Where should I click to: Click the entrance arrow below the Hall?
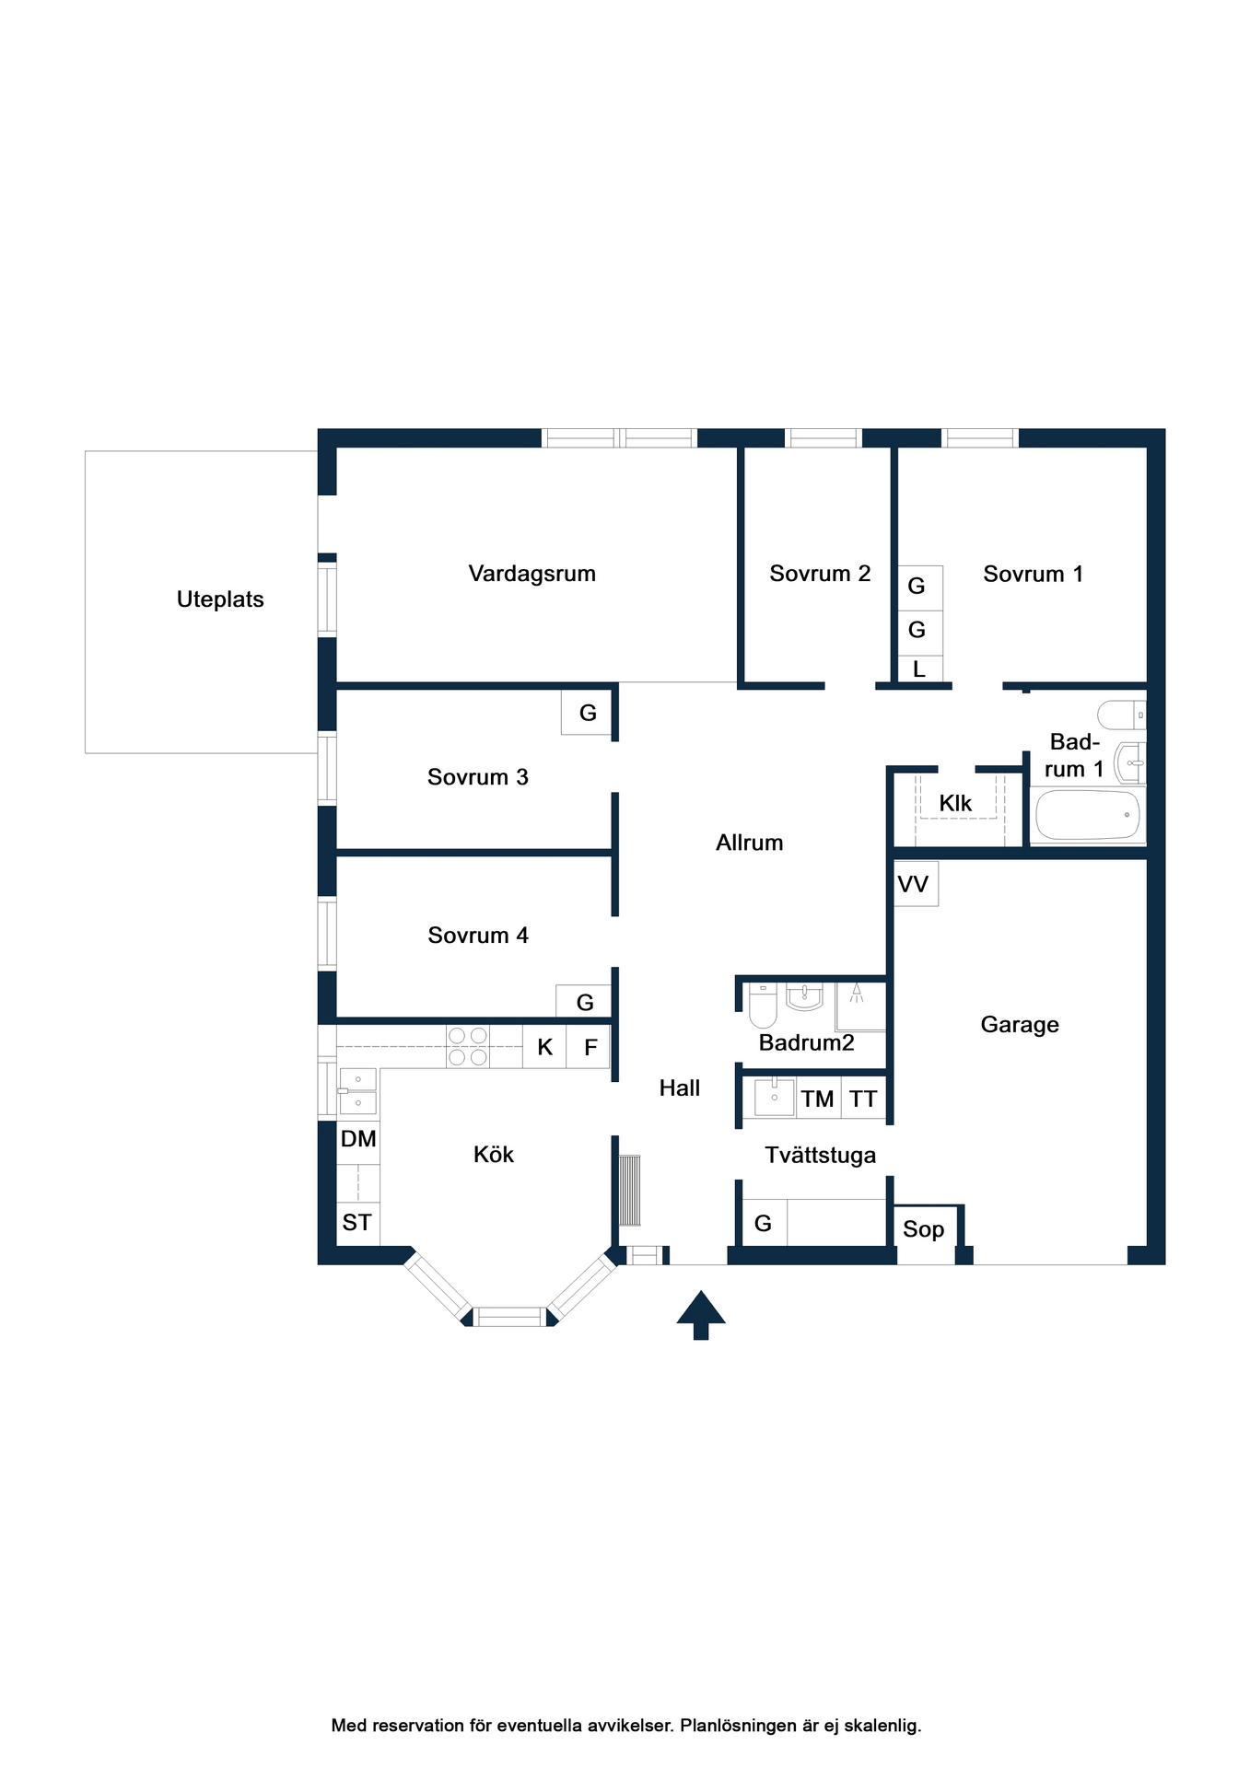point(701,1314)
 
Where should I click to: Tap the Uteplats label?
point(220,599)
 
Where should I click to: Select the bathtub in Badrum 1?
point(1087,815)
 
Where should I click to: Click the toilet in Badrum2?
point(763,1005)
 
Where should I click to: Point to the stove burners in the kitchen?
point(468,1047)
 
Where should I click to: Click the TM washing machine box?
point(818,1098)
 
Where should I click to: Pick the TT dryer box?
point(863,1098)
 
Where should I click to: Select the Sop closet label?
point(924,1229)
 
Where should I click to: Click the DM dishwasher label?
point(358,1139)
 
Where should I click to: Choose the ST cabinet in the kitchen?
point(357,1224)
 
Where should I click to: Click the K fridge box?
point(544,1047)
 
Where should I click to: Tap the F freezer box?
point(589,1047)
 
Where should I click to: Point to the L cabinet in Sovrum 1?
point(919,669)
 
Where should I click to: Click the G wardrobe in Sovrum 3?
point(587,713)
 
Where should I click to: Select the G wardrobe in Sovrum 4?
point(584,1002)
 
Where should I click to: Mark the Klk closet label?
point(955,804)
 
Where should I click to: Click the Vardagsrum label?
point(532,574)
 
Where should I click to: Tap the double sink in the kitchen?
point(357,1091)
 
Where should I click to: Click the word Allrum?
point(750,843)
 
